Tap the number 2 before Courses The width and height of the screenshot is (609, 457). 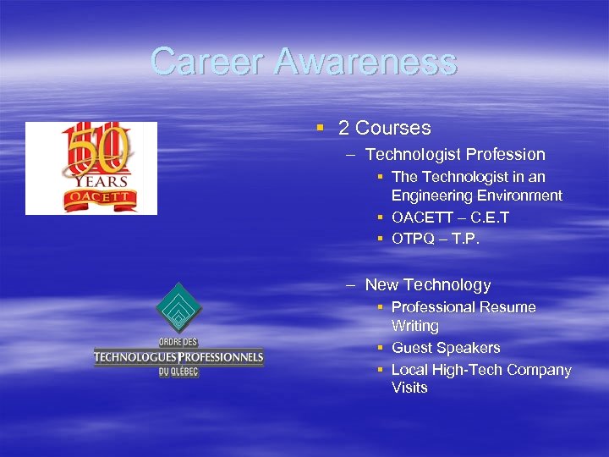click(343, 129)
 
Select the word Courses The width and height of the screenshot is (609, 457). click(393, 129)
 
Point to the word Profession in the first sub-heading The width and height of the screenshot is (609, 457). click(505, 155)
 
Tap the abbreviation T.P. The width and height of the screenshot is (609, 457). click(466, 240)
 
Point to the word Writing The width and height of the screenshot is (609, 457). click(415, 326)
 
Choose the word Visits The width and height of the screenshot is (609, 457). click(409, 388)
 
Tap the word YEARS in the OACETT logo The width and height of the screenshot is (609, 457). click(99, 181)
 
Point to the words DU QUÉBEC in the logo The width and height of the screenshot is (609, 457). click(178, 371)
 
